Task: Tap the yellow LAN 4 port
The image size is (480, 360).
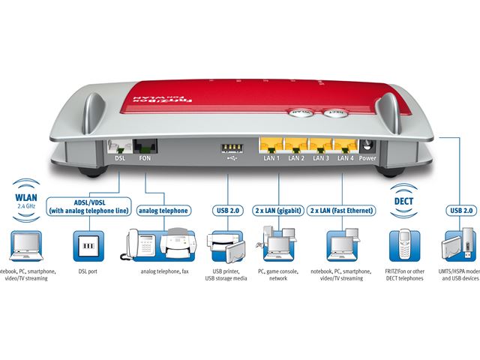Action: coord(344,145)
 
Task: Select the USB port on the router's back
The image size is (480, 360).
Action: coord(227,146)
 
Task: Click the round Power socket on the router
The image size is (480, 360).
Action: coord(368,146)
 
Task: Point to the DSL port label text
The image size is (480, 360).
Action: coord(120,159)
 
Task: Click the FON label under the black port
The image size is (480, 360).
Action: coord(144,159)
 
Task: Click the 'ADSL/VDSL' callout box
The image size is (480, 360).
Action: coord(86,205)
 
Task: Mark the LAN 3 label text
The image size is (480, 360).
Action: coord(320,159)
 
